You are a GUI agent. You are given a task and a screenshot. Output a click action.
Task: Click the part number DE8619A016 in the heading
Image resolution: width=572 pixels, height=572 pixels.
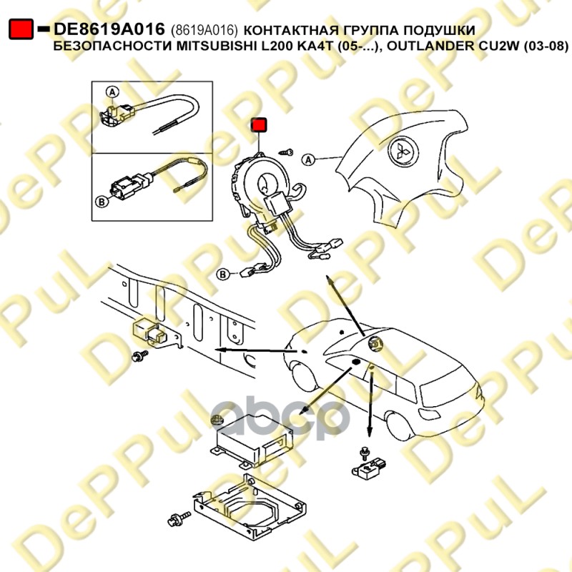click(x=109, y=29)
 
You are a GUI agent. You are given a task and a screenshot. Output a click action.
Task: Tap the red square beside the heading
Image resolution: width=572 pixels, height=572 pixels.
click(x=21, y=29)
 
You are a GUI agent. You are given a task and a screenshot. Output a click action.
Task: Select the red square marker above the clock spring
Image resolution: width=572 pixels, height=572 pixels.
click(x=259, y=124)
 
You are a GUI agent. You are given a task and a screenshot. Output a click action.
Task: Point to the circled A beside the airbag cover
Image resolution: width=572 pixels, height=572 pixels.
click(x=309, y=159)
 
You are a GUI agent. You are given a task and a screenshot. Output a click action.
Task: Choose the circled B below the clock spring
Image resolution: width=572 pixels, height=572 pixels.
click(x=222, y=275)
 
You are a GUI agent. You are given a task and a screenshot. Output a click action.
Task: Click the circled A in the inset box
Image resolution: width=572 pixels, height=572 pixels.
click(x=112, y=92)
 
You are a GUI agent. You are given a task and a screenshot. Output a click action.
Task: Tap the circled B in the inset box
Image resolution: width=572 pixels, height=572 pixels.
click(x=102, y=201)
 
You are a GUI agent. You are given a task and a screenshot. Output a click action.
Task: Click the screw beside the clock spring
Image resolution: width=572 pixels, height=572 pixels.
click(x=285, y=152)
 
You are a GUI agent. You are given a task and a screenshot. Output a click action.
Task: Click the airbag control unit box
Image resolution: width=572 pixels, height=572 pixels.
click(x=252, y=442)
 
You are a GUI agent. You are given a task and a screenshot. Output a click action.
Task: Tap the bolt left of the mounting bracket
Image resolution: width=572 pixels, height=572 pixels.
click(x=179, y=518)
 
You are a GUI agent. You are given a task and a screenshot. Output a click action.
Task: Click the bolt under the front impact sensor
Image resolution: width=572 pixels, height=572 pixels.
click(x=140, y=355)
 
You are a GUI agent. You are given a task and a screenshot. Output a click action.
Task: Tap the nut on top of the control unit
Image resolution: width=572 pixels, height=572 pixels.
click(x=217, y=420)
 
